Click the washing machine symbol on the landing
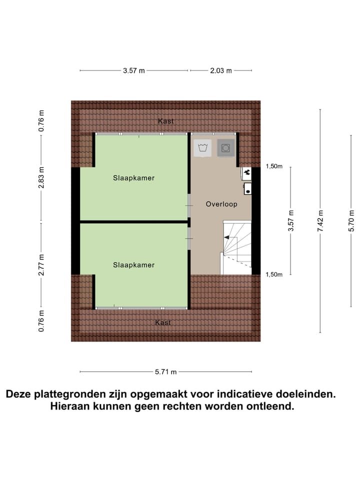(202, 147)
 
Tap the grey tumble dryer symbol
(226, 147)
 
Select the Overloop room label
(221, 204)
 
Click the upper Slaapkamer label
(133, 177)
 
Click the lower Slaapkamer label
(133, 264)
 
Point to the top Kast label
(166, 121)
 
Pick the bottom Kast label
(163, 322)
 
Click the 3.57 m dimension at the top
(133, 70)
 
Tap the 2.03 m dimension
(220, 70)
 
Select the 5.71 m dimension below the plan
(165, 371)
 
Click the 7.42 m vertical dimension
(321, 220)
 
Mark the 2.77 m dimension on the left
(41, 265)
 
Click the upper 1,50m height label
(274, 166)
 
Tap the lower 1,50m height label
(274, 274)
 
